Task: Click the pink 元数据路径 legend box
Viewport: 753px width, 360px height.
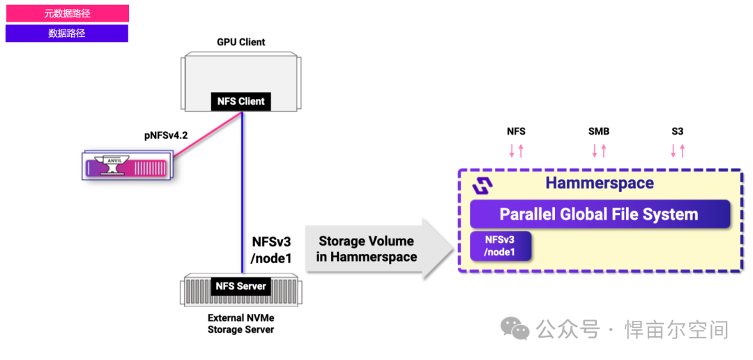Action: coord(67,13)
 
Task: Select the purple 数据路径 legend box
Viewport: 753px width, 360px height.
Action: coord(67,33)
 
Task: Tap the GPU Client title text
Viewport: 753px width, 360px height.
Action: coord(241,42)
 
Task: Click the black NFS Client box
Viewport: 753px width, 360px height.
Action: coord(241,101)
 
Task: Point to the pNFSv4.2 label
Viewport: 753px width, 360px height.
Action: coord(166,135)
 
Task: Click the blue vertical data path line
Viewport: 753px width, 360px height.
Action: coord(242,188)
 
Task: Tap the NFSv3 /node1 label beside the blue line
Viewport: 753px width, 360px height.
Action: coord(271,249)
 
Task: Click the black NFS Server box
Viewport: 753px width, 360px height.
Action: coord(241,286)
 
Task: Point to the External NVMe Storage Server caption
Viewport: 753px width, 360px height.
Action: coord(241,324)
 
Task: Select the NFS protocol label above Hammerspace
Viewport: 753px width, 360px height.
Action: coord(516,131)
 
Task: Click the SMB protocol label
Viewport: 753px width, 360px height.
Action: coord(599,131)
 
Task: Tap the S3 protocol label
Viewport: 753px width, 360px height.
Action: coord(678,131)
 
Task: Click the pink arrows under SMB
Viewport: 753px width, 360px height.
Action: coord(599,150)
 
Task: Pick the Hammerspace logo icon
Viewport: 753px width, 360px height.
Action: coord(482,185)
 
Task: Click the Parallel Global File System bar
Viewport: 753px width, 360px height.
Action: coord(599,214)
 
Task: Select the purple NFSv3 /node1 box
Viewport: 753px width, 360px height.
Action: coord(501,246)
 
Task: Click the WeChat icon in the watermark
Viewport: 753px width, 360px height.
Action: coord(517,329)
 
